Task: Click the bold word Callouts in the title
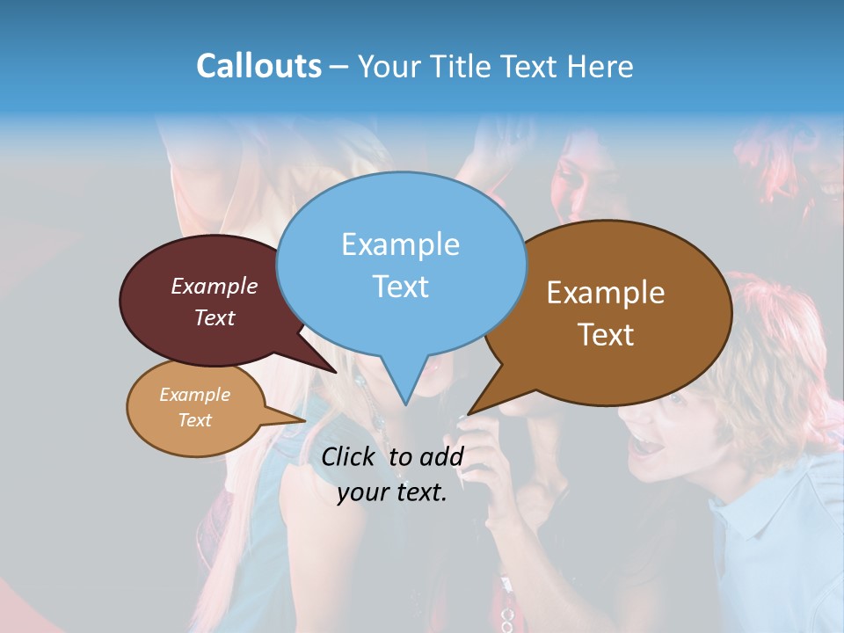[x=258, y=66]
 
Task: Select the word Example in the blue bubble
[x=400, y=244]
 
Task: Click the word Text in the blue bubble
[x=400, y=287]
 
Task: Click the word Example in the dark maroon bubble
[x=215, y=286]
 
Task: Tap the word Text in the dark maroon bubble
[x=215, y=317]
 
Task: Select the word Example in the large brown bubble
[x=606, y=293]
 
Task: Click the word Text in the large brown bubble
[x=606, y=335]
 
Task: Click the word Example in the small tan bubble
[x=194, y=395]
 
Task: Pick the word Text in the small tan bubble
[x=194, y=420]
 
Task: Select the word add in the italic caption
[x=442, y=456]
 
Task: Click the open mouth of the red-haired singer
[x=649, y=447]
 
